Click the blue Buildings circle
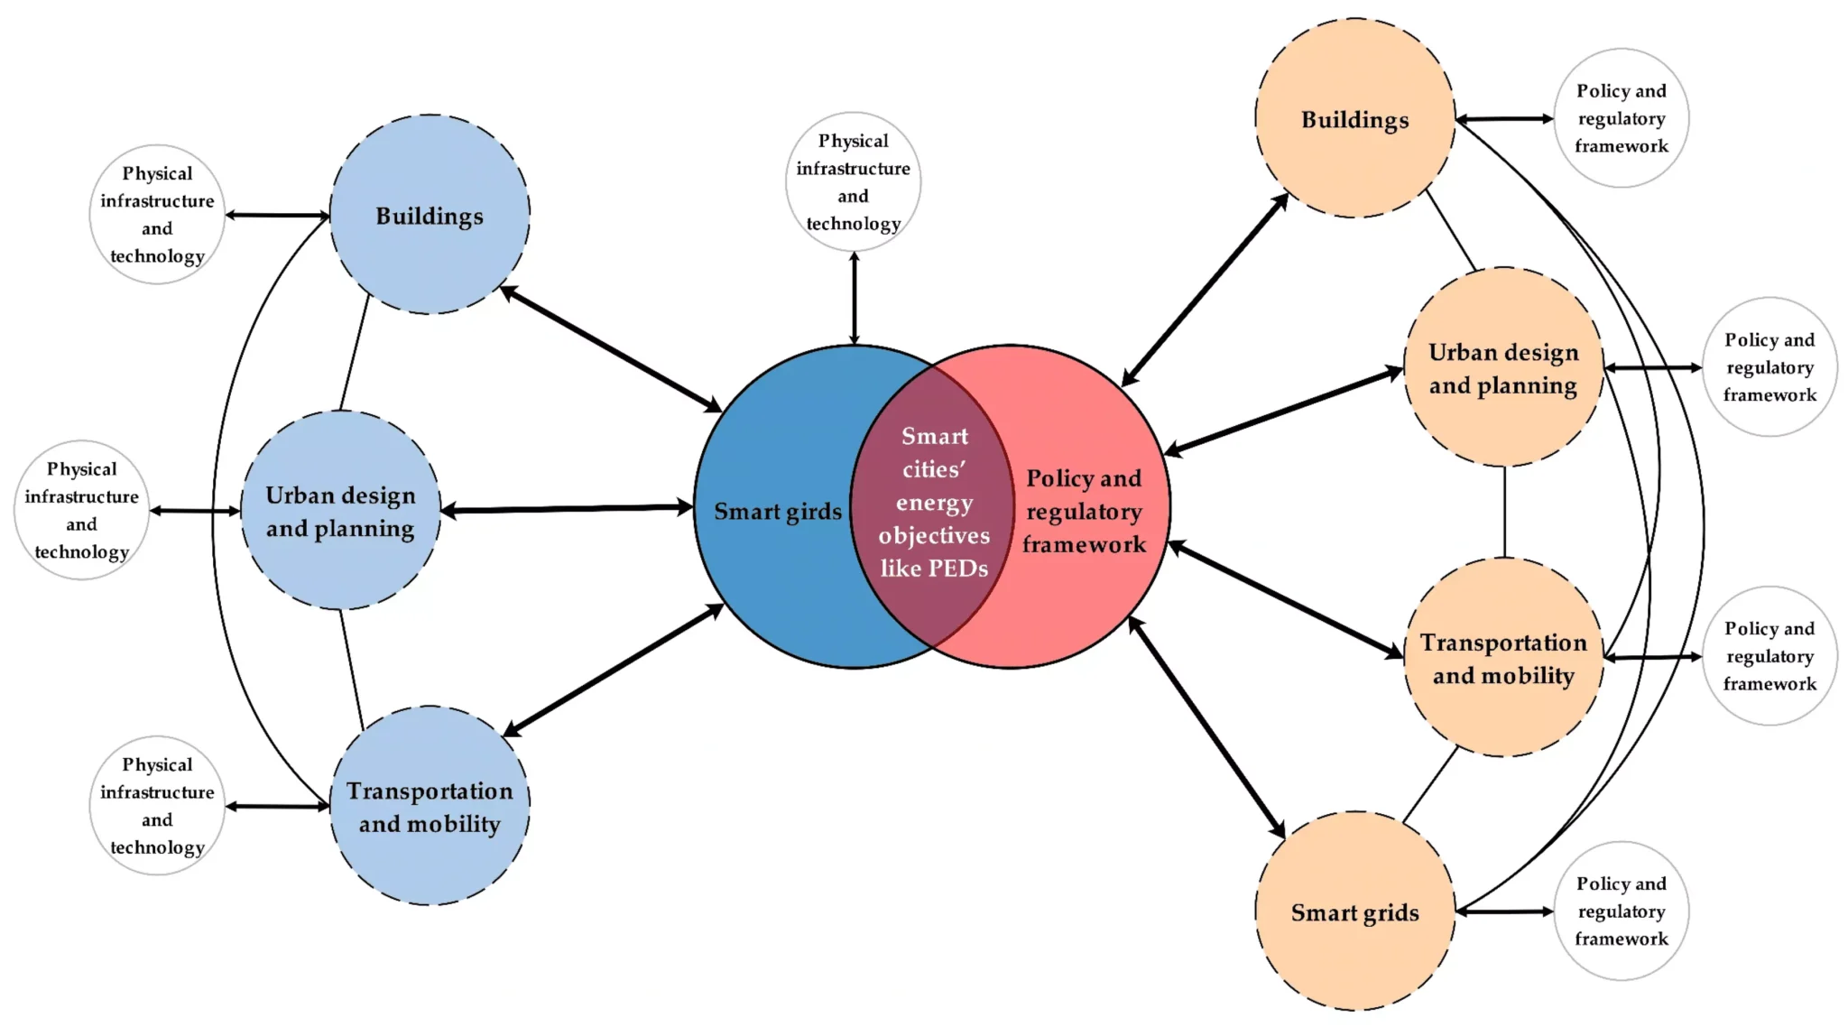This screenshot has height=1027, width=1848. pos(430,215)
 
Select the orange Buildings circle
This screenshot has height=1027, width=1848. pos(1354,118)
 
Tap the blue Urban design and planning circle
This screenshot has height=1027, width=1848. pos(340,511)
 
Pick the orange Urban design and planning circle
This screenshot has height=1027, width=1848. pos(1503,367)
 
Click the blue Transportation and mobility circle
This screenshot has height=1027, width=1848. pos(430,806)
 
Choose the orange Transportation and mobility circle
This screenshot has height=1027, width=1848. pos(1503,658)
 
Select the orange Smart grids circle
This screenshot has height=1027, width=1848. pos(1354,911)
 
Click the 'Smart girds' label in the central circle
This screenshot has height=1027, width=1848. pos(777,512)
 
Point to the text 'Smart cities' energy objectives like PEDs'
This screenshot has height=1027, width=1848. pos(934,503)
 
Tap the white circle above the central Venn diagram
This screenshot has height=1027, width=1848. pos(853,181)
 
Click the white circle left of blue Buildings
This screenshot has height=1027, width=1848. pos(157,215)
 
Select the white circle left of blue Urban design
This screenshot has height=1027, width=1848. pos(81,510)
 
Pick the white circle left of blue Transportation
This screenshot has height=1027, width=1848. pos(157,805)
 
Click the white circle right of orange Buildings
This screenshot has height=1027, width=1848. pos(1621,118)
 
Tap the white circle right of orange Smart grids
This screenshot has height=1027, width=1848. pos(1621,911)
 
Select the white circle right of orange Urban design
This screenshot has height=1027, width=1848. pos(1769,367)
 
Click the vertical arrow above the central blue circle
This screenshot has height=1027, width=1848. pos(854,298)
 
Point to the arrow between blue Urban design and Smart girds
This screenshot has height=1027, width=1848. pos(567,509)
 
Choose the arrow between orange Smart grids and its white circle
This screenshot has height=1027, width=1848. pos(1504,911)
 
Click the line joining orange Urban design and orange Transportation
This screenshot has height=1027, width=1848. pos(1504,512)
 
